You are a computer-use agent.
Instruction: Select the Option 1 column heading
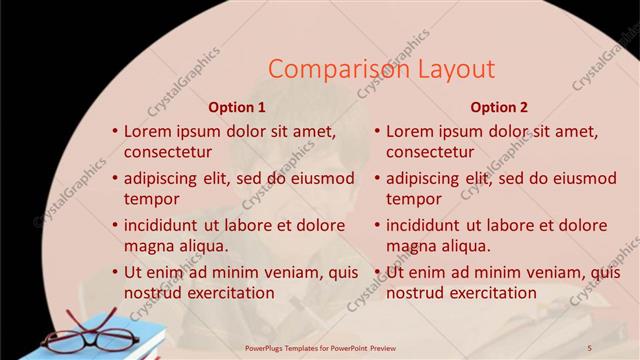click(x=237, y=107)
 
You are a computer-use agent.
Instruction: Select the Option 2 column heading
click(x=499, y=107)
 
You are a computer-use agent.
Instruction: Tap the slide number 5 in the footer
click(x=589, y=347)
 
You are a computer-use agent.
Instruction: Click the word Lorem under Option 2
click(x=412, y=131)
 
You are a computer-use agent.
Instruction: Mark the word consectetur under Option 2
click(x=430, y=153)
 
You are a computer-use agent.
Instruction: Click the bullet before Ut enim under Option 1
click(x=114, y=271)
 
